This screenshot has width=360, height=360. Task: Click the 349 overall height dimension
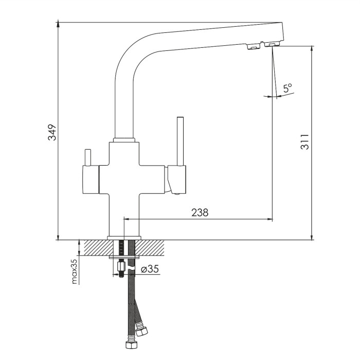coord(52,132)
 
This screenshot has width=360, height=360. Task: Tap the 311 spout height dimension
coord(304,142)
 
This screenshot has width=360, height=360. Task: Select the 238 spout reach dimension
coord(200,212)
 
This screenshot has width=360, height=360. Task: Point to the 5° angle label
coord(287,88)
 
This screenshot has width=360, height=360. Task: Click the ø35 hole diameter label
coord(150,269)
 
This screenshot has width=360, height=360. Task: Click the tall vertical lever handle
coord(180,141)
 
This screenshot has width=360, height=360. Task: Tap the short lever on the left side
coord(88,157)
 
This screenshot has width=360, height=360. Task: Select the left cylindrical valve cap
coord(91,179)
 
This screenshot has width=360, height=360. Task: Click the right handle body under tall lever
coord(176,179)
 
